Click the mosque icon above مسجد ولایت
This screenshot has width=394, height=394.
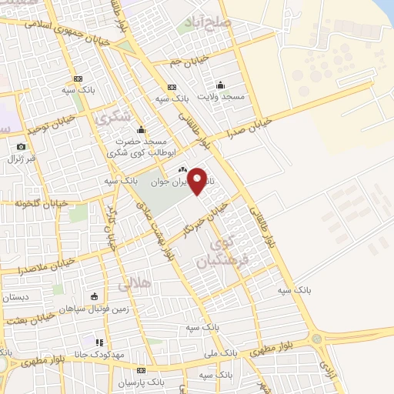pyautogui.click(x=221, y=85)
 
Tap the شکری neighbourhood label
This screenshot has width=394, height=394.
pyautogui.click(x=113, y=119)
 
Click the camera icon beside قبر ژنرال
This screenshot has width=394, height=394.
pyautogui.click(x=22, y=146)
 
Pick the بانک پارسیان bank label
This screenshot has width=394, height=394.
pyautogui.click(x=141, y=382)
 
